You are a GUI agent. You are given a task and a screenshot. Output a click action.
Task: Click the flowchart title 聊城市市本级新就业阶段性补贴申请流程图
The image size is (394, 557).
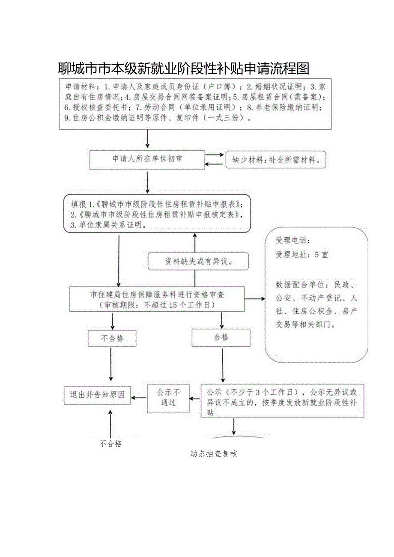pos(183,68)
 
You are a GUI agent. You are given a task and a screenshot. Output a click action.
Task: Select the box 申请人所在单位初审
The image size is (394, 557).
pos(147,159)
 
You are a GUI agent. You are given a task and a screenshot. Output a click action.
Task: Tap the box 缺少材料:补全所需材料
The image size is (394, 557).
pos(275,160)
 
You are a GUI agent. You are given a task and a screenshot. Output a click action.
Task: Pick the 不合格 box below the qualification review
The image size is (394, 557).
pos(112,338)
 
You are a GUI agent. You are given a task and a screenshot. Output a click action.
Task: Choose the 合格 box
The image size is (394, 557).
pos(221,338)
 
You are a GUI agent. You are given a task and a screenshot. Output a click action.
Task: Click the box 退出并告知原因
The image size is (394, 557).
pos(97,395)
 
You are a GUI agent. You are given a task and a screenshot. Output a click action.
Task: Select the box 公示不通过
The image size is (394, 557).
pos(168,398)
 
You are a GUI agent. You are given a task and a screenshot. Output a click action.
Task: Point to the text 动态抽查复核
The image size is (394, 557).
pos(214,454)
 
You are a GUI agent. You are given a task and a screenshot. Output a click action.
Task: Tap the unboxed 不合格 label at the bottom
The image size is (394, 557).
pos(111,444)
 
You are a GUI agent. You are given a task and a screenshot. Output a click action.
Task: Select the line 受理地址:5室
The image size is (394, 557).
pos(302,255)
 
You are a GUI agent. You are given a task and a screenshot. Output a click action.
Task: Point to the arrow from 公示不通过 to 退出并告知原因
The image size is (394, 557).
pos(139,398)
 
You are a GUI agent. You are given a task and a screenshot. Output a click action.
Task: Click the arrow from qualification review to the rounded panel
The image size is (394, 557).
pos(255,299)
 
